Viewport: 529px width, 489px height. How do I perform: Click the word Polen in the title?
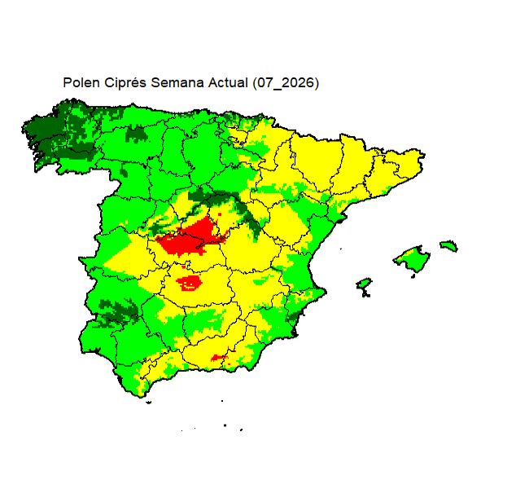click(79, 83)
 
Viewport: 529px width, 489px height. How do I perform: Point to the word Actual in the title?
click(223, 83)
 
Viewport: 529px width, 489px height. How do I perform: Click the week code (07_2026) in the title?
click(285, 83)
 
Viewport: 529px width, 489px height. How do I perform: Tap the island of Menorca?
click(448, 245)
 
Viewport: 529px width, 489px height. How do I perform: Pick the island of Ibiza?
click(364, 284)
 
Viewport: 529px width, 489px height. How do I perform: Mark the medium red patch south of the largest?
click(190, 283)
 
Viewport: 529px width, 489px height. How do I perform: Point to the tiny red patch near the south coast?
click(217, 357)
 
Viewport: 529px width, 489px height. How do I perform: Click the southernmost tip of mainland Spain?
click(146, 396)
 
